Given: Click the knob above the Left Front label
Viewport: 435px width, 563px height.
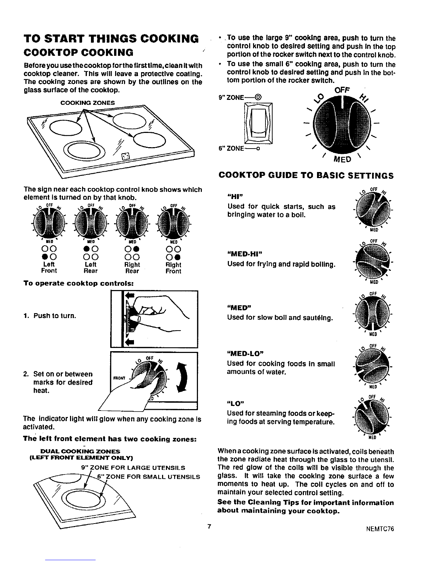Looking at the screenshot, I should click(49, 223).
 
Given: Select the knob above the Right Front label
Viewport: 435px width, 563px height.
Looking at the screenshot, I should click(173, 223).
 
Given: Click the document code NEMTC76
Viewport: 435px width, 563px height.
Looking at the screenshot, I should click(380, 529).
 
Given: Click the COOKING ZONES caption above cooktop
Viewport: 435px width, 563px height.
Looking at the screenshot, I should click(88, 103).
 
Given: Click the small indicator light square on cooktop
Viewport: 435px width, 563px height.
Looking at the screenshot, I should click(125, 155).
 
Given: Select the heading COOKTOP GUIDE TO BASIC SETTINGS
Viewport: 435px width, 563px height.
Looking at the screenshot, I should click(306, 175).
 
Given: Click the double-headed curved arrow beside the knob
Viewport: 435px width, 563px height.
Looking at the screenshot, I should click(181, 377).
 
